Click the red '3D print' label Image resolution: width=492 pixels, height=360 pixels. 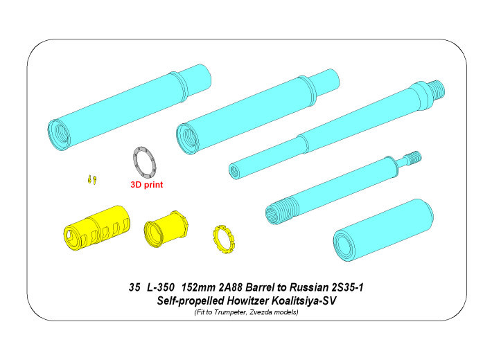[x=146, y=185]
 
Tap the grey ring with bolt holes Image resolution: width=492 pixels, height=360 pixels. [x=136, y=159]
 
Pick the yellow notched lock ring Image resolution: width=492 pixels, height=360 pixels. [x=224, y=240]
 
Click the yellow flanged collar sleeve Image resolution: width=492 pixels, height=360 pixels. [x=166, y=228]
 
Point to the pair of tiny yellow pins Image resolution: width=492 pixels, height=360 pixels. [x=92, y=180]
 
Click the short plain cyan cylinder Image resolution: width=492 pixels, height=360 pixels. [x=383, y=230]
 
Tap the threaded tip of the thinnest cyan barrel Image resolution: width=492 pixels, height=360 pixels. [x=414, y=156]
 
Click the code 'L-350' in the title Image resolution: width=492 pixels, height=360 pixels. [x=160, y=287]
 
